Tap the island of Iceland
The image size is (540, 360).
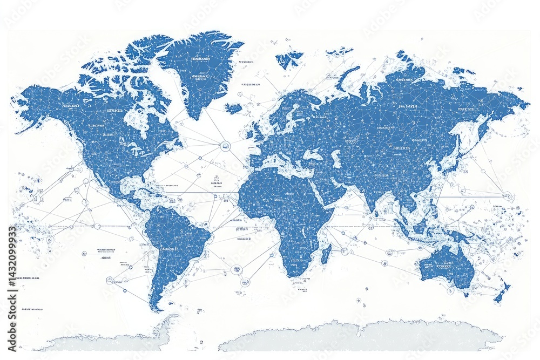click(x=233, y=108)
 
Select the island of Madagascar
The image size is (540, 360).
click(x=326, y=254)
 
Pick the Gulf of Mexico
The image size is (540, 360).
click(x=130, y=186)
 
